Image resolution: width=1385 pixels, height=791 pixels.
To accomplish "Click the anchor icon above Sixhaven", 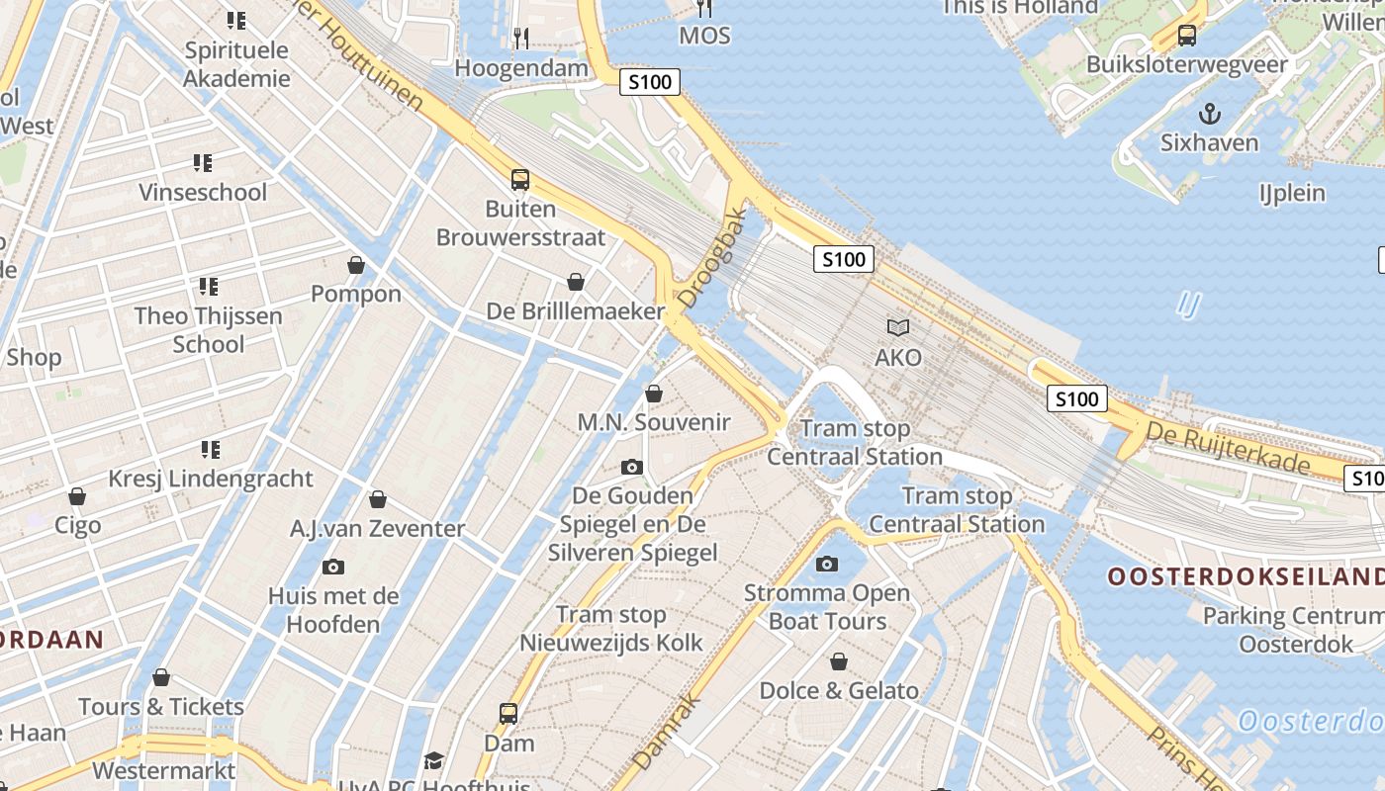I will point(1209,114).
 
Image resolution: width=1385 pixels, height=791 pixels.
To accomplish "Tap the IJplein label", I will point(1292,193).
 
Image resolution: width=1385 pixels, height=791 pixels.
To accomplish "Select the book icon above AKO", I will point(897,327).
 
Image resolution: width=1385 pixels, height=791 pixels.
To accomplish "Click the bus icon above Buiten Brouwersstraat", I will point(520,180).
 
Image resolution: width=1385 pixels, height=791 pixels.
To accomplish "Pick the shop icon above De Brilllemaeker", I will point(576,282).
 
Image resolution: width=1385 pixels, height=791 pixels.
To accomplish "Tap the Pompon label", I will point(356,294).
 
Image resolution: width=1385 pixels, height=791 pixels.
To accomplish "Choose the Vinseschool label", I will point(203,192).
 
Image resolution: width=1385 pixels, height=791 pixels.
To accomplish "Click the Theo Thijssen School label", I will point(209,329).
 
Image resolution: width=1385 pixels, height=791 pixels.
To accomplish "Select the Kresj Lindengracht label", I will point(211,479).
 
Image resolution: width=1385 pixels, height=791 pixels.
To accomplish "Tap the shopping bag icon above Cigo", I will point(77,496).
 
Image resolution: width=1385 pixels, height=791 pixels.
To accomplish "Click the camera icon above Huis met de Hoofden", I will point(333,567).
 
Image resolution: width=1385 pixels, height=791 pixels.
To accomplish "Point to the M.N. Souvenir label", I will point(654,422).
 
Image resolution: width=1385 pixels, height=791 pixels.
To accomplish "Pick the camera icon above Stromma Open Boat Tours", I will point(827,564).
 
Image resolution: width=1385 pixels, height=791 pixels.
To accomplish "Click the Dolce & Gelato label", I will point(839,690).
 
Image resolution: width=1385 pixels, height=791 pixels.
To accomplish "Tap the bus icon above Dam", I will point(508,713).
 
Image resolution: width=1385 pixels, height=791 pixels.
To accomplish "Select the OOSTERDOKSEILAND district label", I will point(1246,576).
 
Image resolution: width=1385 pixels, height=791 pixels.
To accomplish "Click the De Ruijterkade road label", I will point(1228,448).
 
